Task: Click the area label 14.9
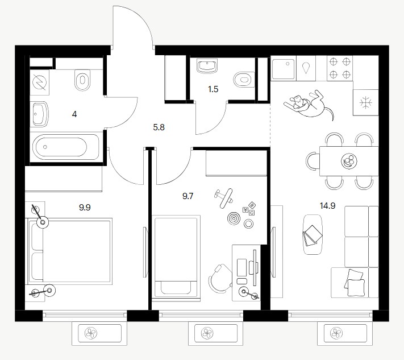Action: (327, 206)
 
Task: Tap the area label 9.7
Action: (188, 196)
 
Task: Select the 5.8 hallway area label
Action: (159, 127)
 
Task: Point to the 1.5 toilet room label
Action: (213, 89)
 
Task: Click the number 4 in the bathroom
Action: (74, 114)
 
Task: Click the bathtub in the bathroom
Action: (66, 147)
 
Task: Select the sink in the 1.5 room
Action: (207, 65)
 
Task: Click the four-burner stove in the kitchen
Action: (340, 68)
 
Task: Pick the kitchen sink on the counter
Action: (284, 69)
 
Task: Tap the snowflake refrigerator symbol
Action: (366, 102)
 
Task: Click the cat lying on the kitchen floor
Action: (309, 105)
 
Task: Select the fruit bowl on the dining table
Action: (349, 161)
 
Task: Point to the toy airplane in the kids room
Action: (224, 198)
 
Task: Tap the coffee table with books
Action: (313, 234)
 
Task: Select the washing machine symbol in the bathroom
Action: (39, 82)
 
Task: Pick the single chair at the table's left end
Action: (313, 161)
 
